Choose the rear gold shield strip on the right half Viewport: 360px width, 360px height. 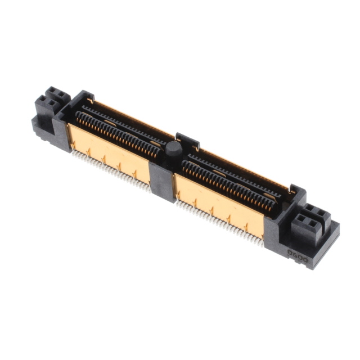coord(242,169)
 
